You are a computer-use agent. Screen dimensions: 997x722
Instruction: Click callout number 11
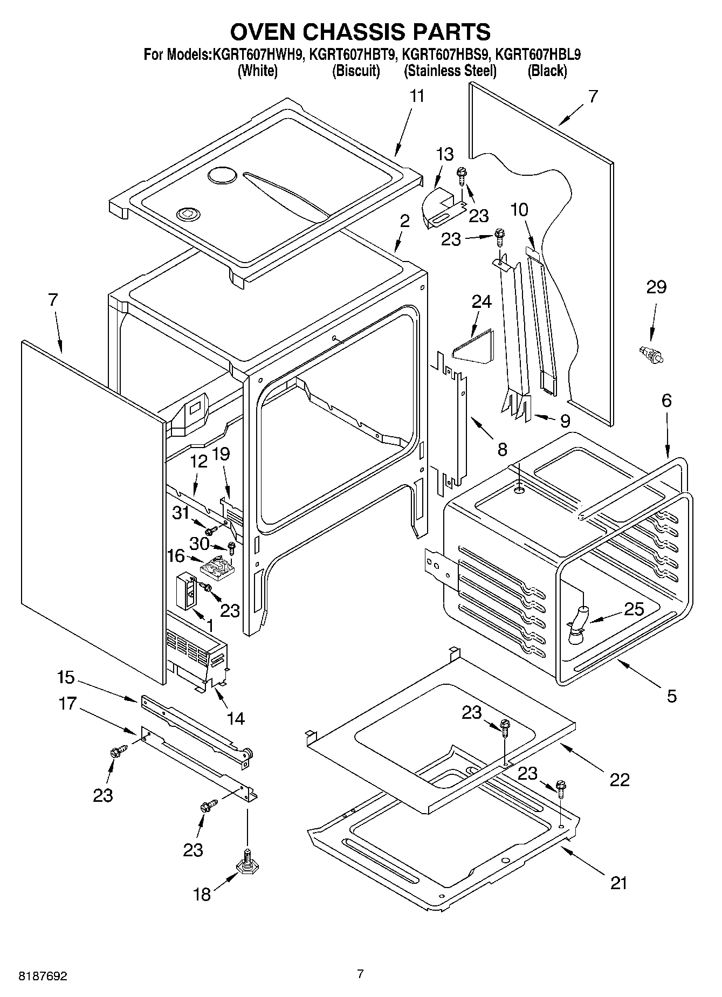[417, 97]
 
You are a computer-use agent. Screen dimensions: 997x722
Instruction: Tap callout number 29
[656, 287]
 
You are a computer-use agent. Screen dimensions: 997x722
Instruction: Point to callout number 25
[634, 609]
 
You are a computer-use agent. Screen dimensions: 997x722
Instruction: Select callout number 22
[620, 779]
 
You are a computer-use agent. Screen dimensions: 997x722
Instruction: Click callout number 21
[619, 883]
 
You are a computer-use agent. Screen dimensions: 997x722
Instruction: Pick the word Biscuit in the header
[356, 71]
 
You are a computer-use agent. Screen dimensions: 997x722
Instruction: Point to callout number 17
[68, 704]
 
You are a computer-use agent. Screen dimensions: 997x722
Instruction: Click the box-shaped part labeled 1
[187, 590]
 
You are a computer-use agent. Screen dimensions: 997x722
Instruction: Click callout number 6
[666, 401]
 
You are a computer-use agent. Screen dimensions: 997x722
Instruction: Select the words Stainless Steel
[450, 71]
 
